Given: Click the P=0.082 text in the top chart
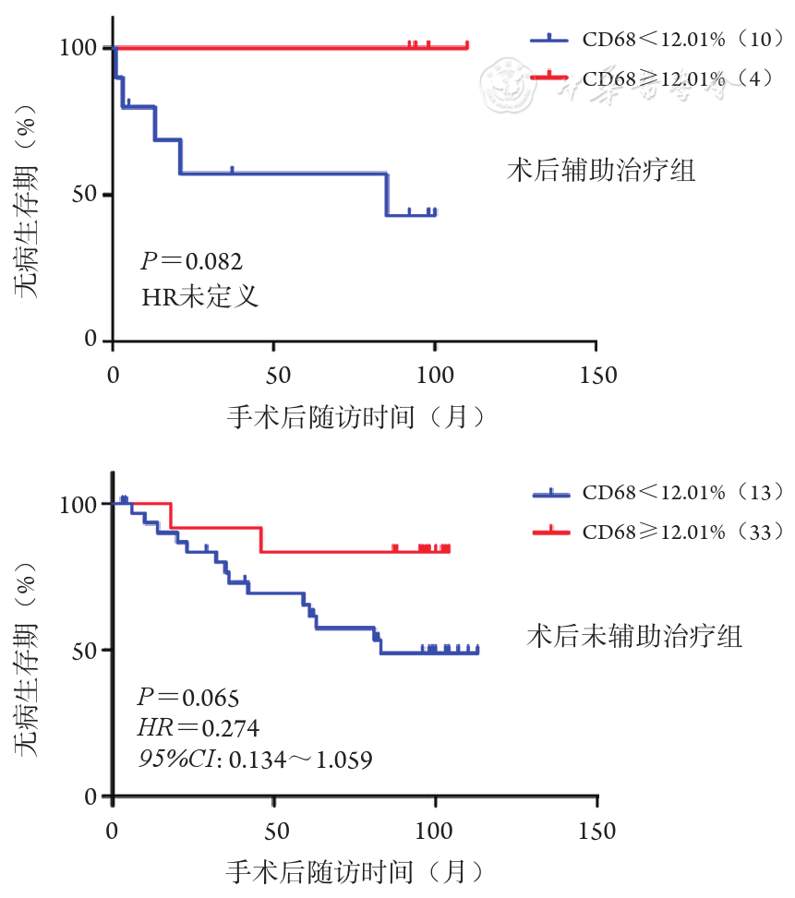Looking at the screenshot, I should coord(190,261).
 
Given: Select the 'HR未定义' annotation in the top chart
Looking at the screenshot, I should coord(199,297).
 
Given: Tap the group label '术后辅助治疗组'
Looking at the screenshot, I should coord(601,171).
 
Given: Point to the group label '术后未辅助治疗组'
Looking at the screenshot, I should coord(634,636).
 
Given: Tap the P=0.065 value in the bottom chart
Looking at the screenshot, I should coord(188,697).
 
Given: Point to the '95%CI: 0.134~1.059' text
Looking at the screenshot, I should coord(255,760).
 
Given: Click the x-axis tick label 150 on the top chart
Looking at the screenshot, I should coord(596,376).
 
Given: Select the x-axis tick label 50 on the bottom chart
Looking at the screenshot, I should coord(273,831).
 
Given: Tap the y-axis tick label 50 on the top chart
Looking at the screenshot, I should coord(83,195).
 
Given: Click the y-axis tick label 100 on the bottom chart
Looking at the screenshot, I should coord(78,504).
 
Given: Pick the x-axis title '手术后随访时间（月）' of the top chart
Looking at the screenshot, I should coord(355,418).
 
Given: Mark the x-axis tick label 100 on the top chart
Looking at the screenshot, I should coord(434,376).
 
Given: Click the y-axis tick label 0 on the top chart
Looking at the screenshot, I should coord(90,341).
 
